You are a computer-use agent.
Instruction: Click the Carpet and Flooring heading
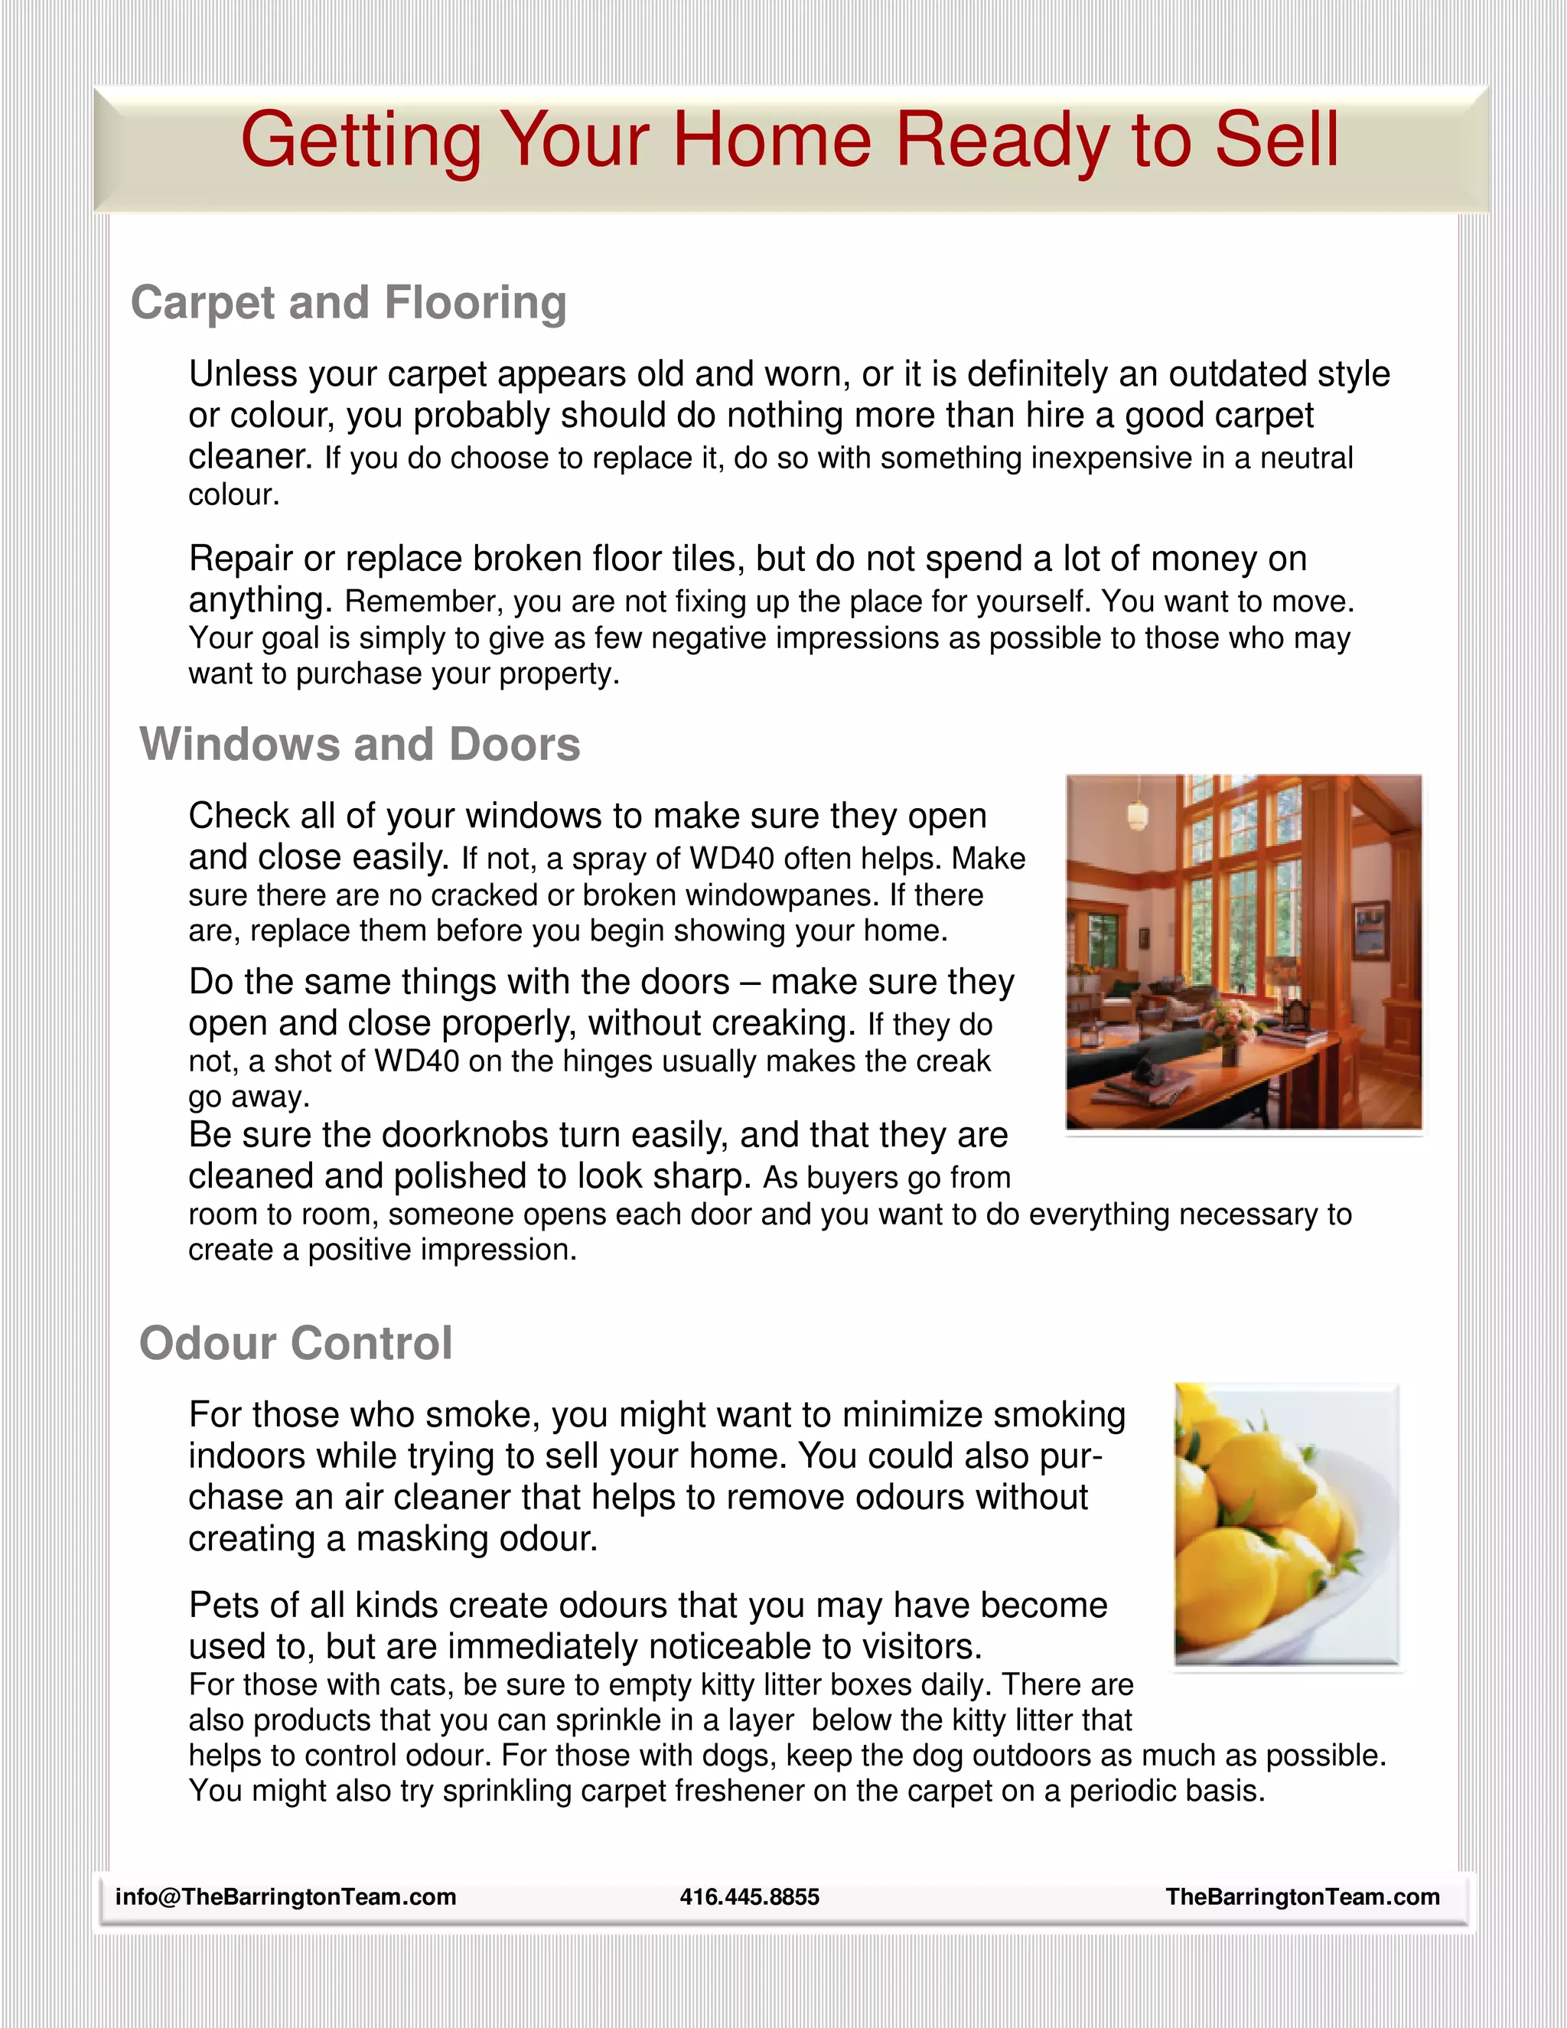pos(348,303)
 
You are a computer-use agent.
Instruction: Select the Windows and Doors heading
pos(360,745)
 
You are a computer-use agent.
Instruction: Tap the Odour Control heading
pos(295,1344)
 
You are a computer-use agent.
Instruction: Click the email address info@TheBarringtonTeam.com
pos(285,1896)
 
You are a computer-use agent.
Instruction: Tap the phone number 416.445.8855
pos(749,1896)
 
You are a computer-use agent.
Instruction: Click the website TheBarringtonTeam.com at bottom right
pos(1302,1896)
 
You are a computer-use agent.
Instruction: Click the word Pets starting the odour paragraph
pos(221,1606)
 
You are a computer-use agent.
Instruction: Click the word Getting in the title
pos(361,139)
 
